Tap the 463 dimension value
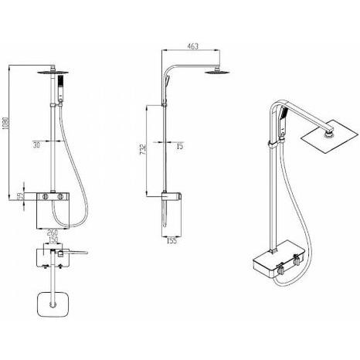192,46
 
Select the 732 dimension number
143,150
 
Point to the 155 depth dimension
172,241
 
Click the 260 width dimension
53,233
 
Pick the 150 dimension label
53,240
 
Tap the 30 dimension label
36,145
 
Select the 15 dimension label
180,146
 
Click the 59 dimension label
20,196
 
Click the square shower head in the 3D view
331,137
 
